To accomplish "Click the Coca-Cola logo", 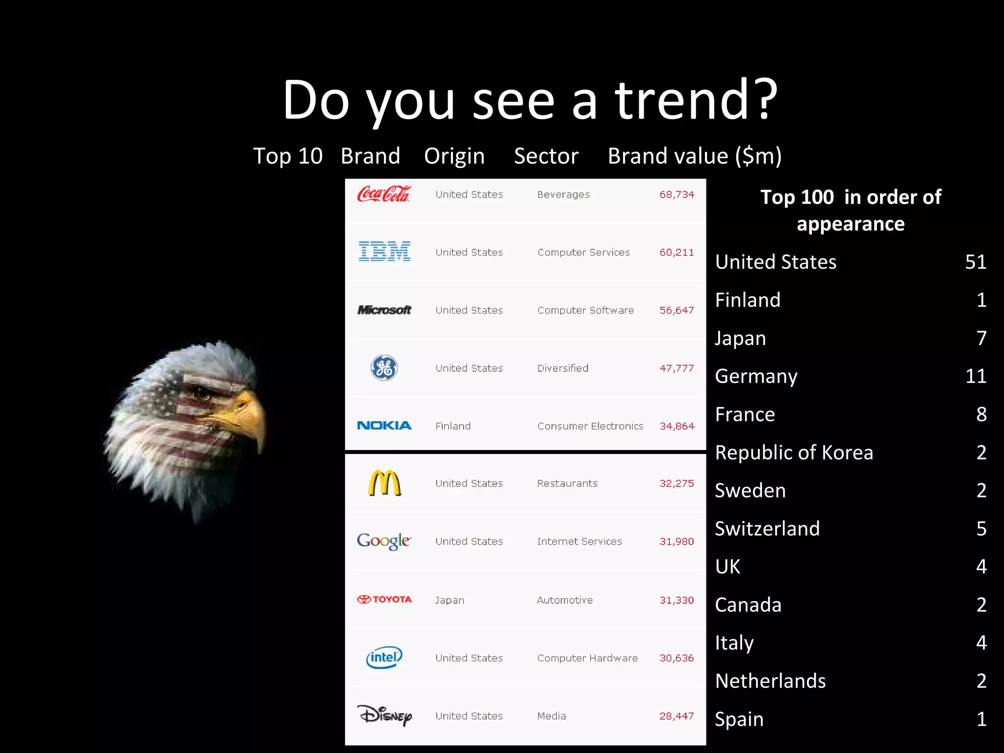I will click(383, 194).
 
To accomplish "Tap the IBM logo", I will click(384, 251).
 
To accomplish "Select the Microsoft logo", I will click(384, 310).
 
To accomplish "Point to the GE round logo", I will click(384, 368).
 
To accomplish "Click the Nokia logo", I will click(384, 426).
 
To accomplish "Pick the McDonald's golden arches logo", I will click(384, 483).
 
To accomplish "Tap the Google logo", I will click(384, 541).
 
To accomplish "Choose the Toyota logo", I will click(384, 599).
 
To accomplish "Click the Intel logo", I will click(384, 657).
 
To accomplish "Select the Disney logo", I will click(384, 715).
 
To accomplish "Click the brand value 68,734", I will click(677, 195).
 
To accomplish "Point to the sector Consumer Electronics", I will click(590, 426).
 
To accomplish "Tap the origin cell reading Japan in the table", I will click(450, 600).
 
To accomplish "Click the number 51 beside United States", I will click(976, 262).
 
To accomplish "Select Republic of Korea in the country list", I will click(794, 452).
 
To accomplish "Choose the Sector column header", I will click(546, 156).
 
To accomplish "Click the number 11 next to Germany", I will click(976, 376).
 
